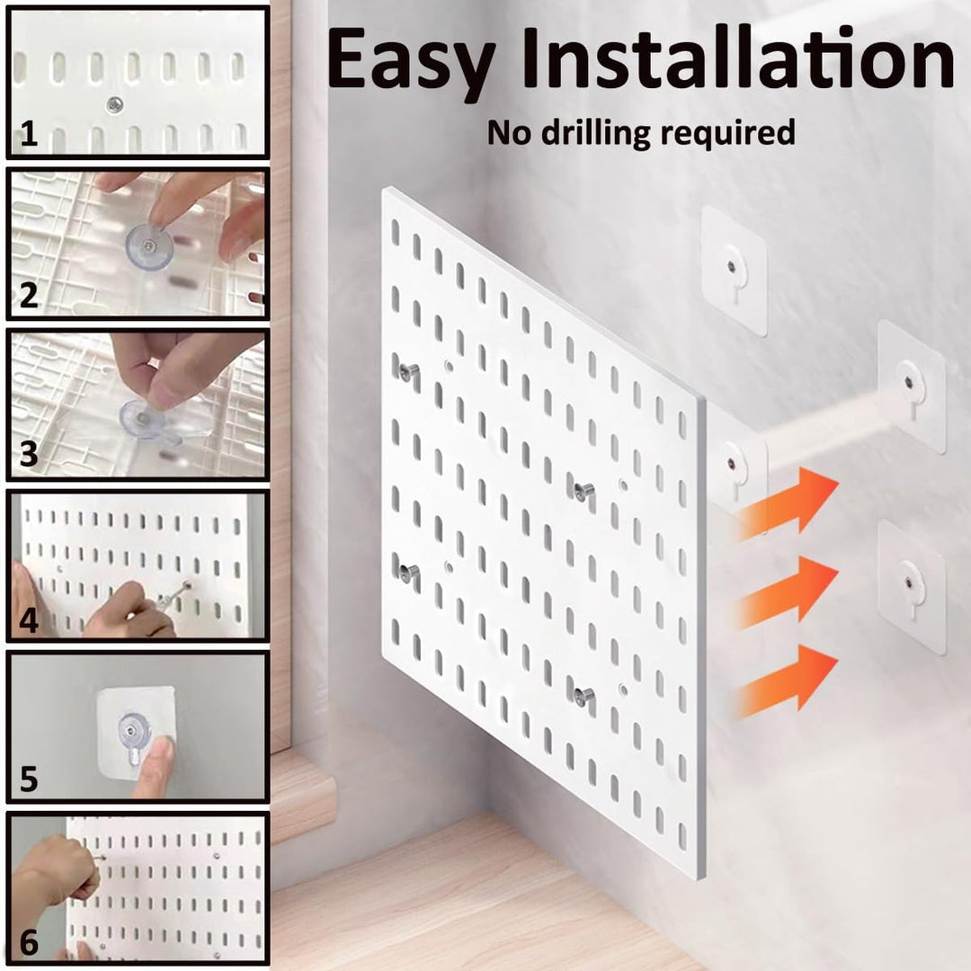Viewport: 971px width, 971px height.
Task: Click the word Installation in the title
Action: (738, 57)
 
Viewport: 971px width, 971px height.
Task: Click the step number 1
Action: (29, 133)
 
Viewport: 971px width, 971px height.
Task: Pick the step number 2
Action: (29, 295)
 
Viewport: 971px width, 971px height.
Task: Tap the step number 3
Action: (29, 455)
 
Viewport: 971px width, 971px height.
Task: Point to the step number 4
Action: (29, 619)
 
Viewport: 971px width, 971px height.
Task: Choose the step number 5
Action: (29, 779)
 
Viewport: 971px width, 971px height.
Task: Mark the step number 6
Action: (29, 942)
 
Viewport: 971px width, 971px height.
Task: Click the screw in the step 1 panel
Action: (114, 105)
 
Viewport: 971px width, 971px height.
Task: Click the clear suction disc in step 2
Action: (149, 248)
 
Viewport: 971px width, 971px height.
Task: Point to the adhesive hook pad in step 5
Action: (136, 731)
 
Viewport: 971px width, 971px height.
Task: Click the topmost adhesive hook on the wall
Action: (735, 272)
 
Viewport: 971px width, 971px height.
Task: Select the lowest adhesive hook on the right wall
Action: (912, 586)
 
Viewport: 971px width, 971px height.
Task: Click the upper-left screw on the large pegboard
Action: (408, 371)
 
